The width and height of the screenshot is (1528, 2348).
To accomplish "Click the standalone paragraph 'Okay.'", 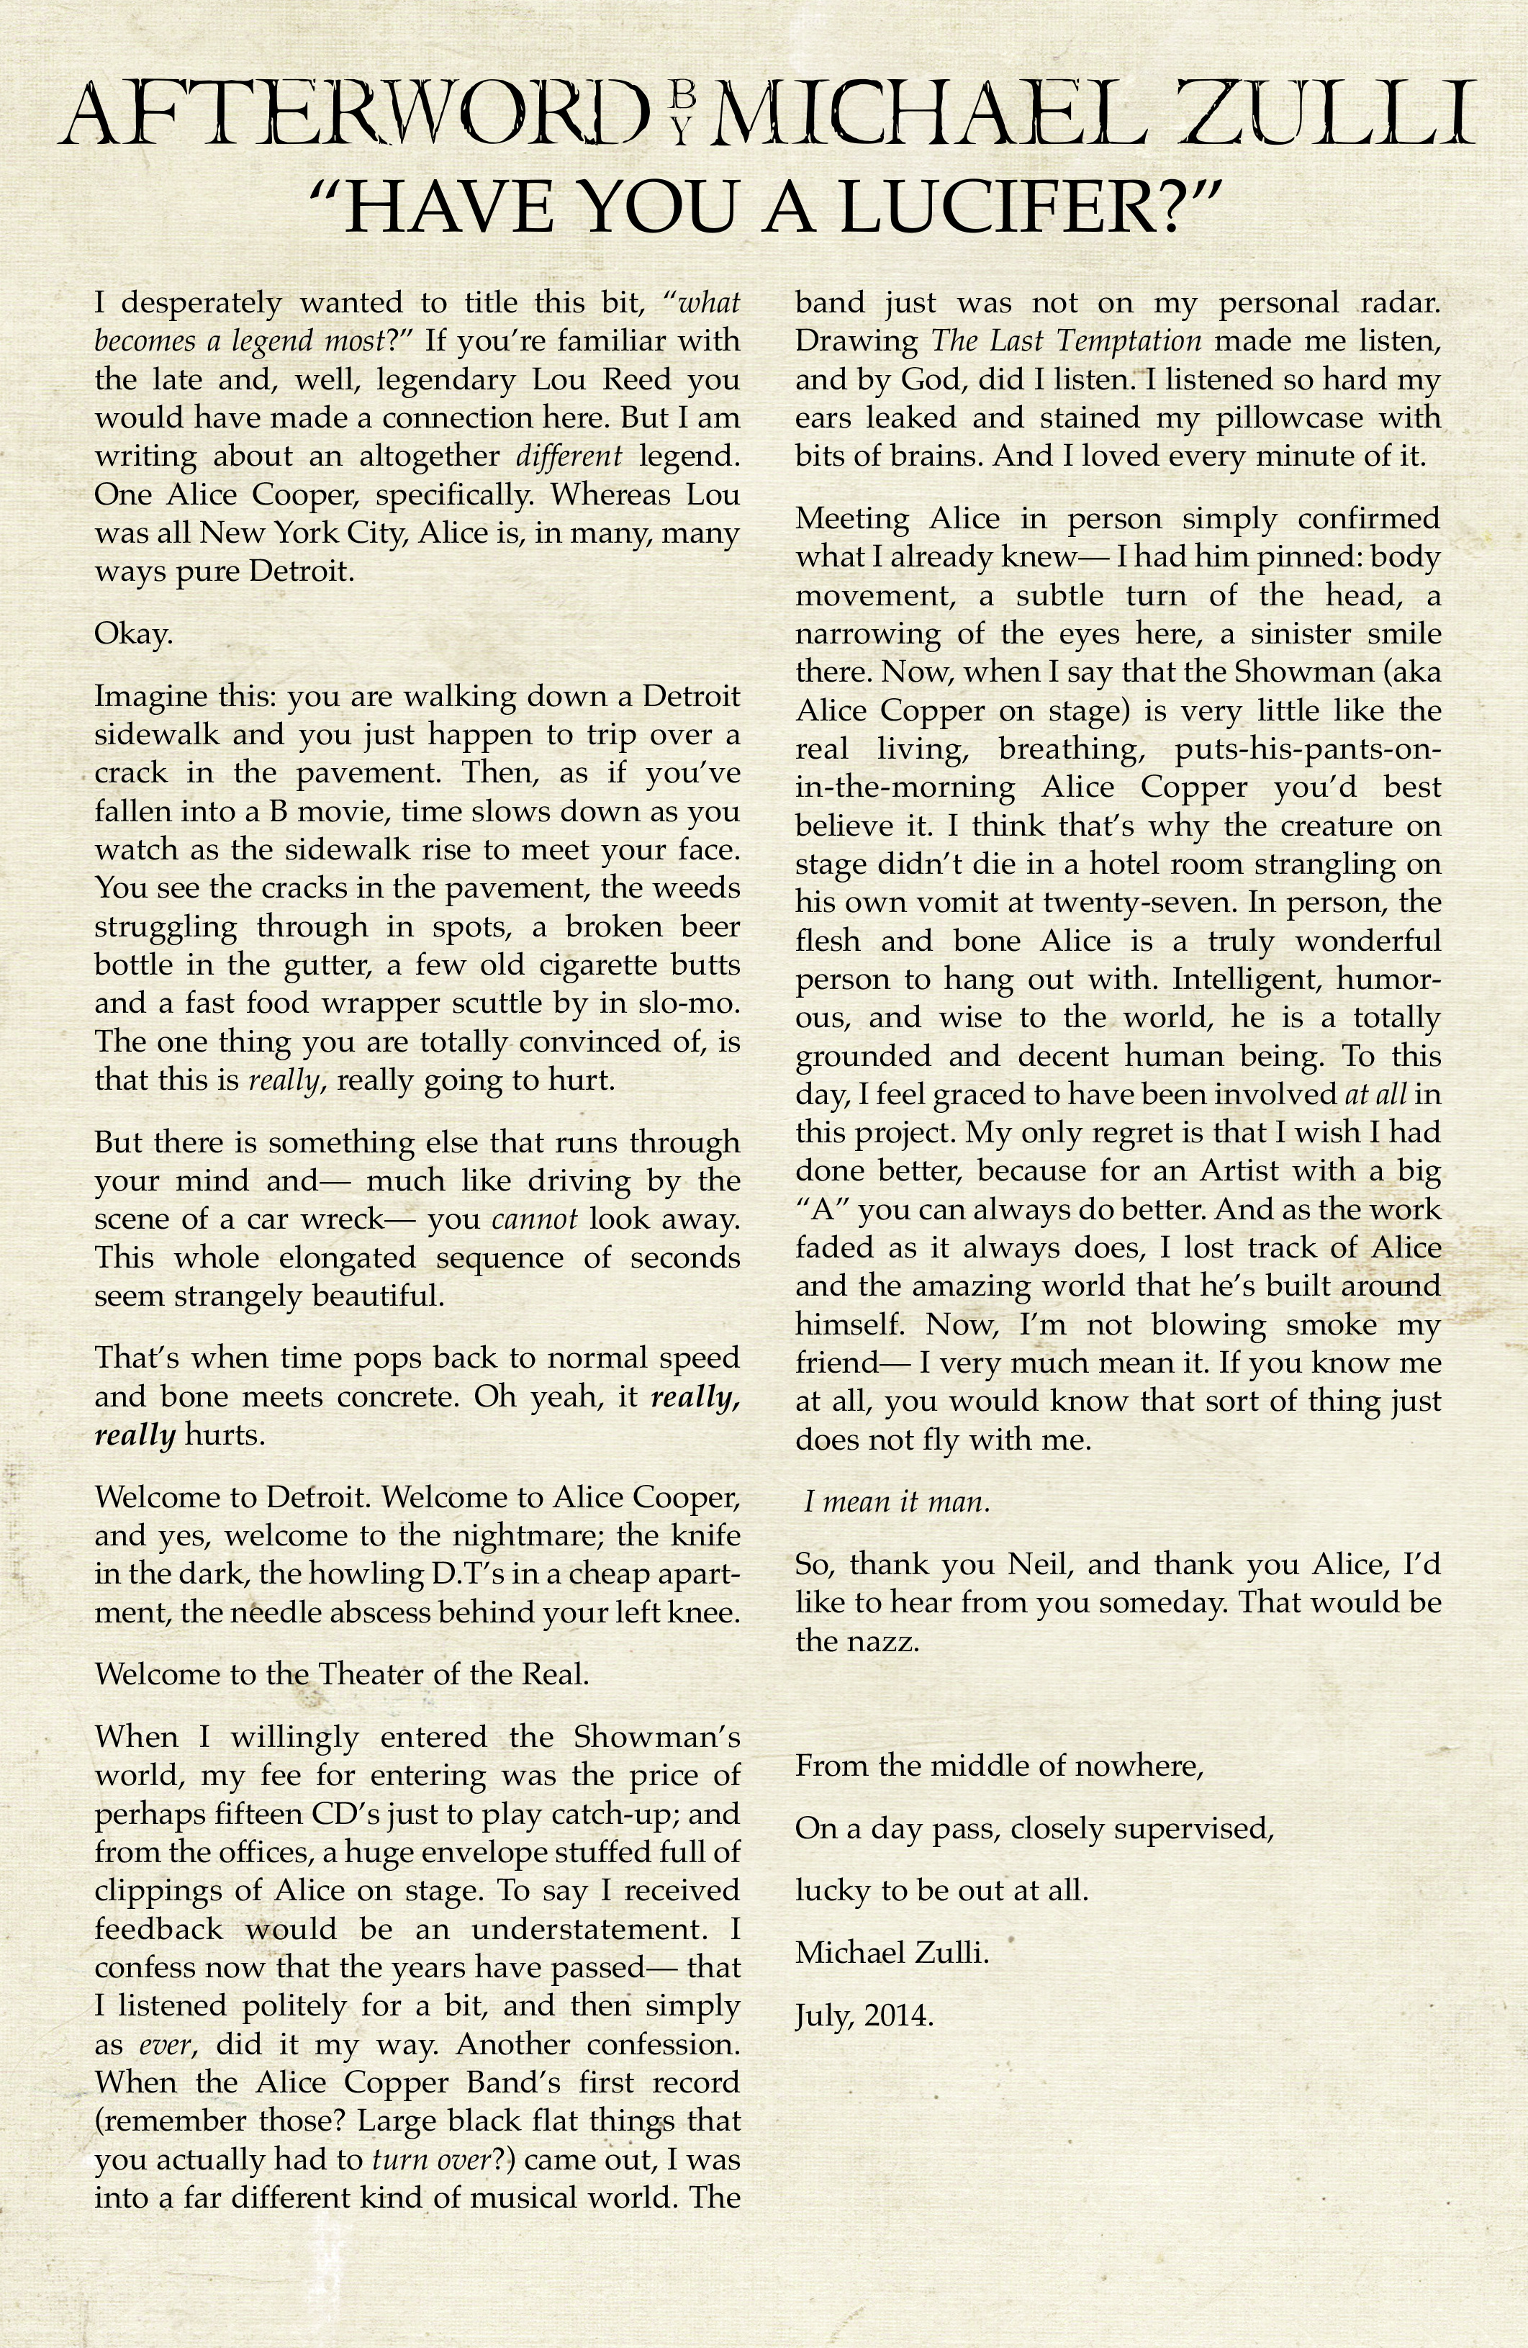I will [133, 634].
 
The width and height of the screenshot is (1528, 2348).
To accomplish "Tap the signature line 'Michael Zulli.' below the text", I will [892, 1954].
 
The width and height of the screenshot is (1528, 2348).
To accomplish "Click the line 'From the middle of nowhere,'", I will [999, 1765].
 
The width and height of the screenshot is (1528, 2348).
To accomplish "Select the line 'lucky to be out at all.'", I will [942, 1891].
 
